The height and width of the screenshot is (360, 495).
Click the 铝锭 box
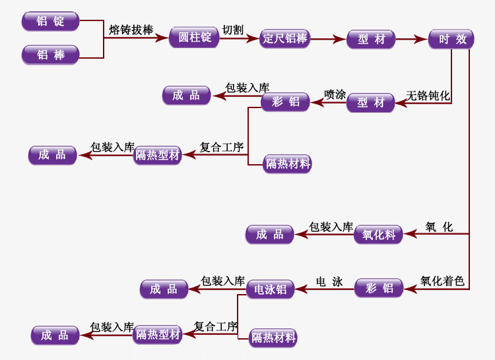click(50, 21)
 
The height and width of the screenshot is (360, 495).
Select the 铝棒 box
click(50, 55)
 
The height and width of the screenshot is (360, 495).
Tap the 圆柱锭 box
click(194, 37)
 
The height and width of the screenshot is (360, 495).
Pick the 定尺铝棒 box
click(285, 38)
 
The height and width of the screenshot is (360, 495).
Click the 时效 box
click(452, 39)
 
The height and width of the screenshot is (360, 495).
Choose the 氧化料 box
click(378, 235)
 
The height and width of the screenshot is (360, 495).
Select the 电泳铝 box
click(270, 289)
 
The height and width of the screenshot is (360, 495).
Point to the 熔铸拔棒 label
click(131, 30)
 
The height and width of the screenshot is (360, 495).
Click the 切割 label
click(232, 30)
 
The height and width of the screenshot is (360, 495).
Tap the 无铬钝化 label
click(428, 96)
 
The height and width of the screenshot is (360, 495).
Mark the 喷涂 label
click(335, 95)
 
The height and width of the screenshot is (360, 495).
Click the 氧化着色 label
click(442, 282)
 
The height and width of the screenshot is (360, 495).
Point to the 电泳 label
click(329, 282)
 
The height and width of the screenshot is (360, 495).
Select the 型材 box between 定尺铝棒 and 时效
click(371, 40)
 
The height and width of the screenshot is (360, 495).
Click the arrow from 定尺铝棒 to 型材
click(327, 40)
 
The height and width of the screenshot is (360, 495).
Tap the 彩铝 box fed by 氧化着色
click(379, 288)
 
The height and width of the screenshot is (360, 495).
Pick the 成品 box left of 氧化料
click(270, 235)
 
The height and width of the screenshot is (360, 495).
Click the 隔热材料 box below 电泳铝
click(273, 338)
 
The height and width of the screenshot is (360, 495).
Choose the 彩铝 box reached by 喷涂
click(285, 102)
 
